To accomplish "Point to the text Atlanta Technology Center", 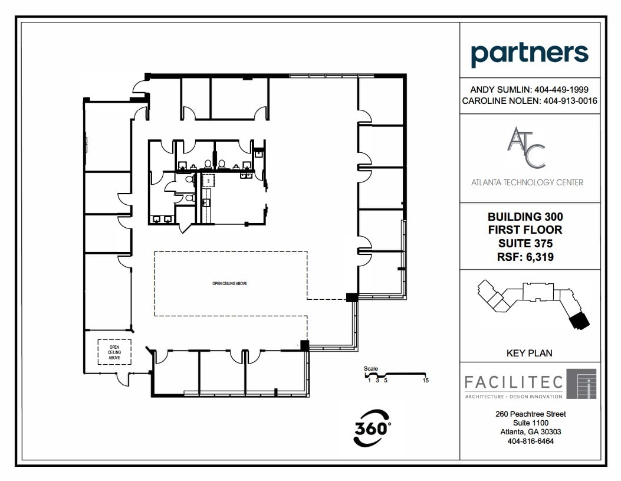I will pos(527,182).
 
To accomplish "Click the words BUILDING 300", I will pos(525,217).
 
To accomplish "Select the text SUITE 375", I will pos(525,243).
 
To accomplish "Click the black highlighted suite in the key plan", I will pos(578,320).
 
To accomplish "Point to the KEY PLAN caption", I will pos(529,353).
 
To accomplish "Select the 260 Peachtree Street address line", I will pos(530,414).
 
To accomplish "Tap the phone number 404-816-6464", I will pos(530,441).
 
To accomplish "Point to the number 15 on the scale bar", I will pos(425,381).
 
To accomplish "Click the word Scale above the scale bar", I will pos(370,368).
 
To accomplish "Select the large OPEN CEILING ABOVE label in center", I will pos(229,284).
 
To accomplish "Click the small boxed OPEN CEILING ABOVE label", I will pos(114,351).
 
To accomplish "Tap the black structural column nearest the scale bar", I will pos(304,345).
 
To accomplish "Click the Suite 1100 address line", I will pos(530,423).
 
